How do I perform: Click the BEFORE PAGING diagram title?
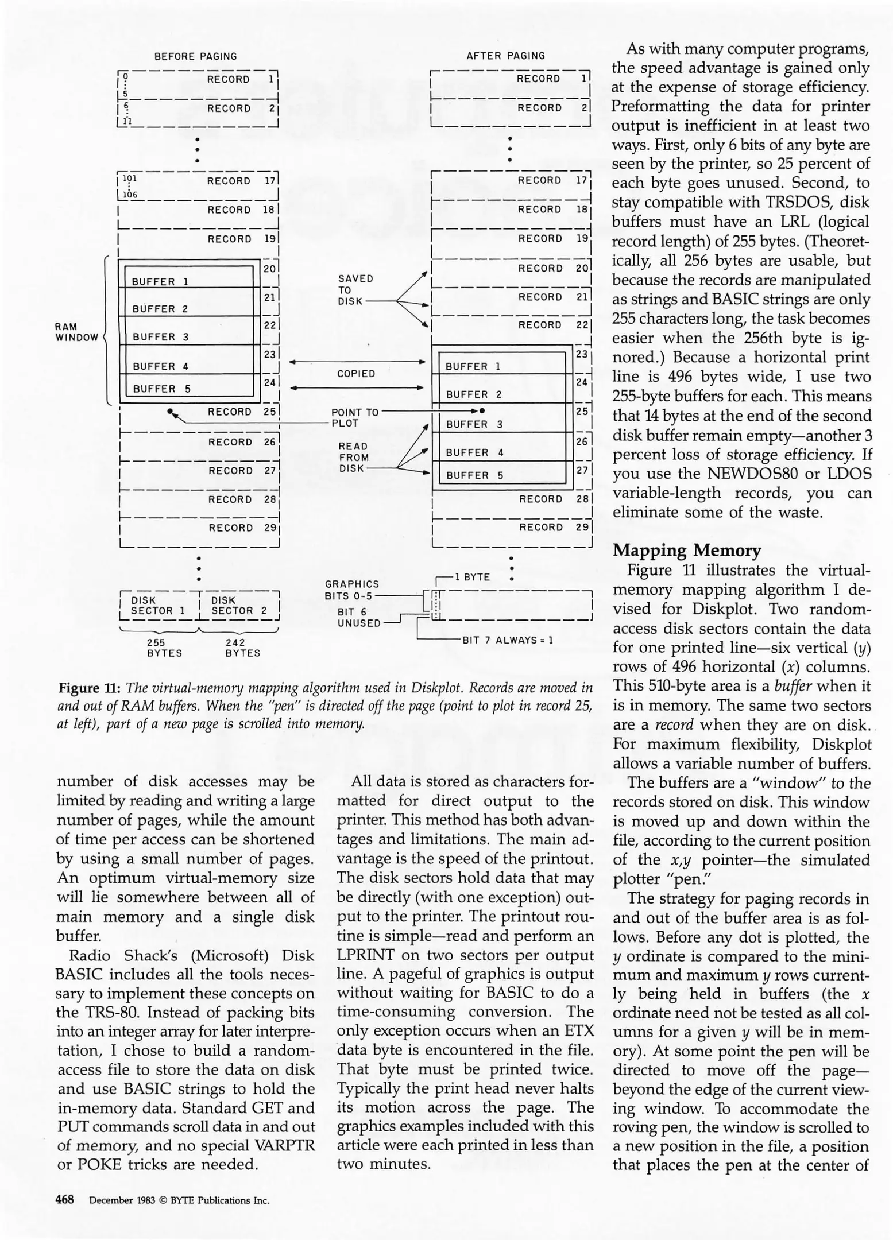pyautogui.click(x=195, y=56)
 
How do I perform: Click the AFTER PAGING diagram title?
pyautogui.click(x=505, y=56)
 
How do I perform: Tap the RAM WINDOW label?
pyautogui.click(x=76, y=332)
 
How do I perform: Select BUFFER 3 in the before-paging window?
pyautogui.click(x=153, y=337)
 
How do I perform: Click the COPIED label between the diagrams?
pyautogui.click(x=356, y=374)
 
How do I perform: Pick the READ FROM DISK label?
pyautogui.click(x=353, y=458)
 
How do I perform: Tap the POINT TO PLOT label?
pyautogui.click(x=354, y=418)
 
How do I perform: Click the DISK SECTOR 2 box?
pyautogui.click(x=239, y=606)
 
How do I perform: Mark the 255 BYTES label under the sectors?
pyautogui.click(x=164, y=648)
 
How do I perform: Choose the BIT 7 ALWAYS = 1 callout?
pyautogui.click(x=508, y=640)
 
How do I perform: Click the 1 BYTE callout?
pyautogui.click(x=472, y=577)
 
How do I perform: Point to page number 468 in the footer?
pyautogui.click(x=65, y=1199)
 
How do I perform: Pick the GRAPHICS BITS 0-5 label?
pyautogui.click(x=351, y=590)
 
